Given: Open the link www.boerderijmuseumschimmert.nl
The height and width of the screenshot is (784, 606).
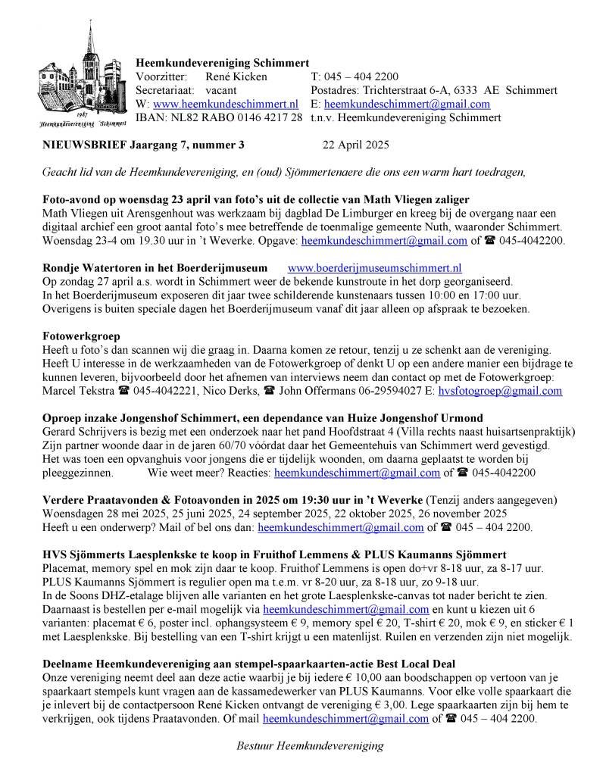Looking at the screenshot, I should [375, 267].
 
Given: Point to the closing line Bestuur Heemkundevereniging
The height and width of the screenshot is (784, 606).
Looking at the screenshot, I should [310, 745].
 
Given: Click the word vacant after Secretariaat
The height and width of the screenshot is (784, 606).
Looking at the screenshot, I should [222, 90].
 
